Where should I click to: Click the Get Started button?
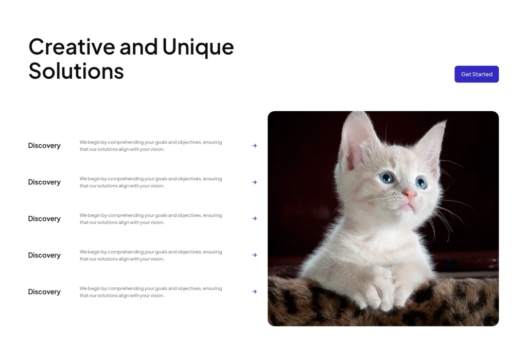click(x=477, y=74)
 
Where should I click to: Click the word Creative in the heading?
click(x=72, y=47)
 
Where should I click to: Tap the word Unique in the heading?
click(x=198, y=47)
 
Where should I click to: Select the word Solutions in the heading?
click(x=76, y=71)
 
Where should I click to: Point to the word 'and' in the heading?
click(x=139, y=47)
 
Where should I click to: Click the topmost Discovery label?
click(x=44, y=146)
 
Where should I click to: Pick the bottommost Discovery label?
click(x=44, y=292)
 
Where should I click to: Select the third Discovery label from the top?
click(x=44, y=219)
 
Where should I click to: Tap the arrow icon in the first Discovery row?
click(x=254, y=146)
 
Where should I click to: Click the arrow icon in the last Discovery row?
click(x=254, y=292)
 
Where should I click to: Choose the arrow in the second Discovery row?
click(x=254, y=182)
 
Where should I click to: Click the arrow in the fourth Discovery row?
click(x=254, y=255)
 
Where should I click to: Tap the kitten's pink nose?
click(x=410, y=194)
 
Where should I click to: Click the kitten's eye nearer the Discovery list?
click(x=386, y=178)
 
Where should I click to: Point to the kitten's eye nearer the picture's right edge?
click(x=421, y=182)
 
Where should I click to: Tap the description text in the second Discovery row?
click(x=151, y=182)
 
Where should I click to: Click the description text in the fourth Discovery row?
click(x=151, y=255)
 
